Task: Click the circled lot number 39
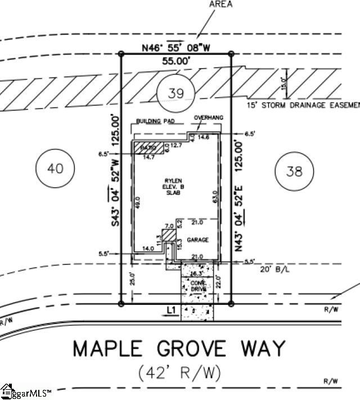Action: coord(175,93)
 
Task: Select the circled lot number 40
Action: coord(53,168)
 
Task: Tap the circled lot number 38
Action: coord(294,172)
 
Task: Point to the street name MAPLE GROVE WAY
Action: coord(179,348)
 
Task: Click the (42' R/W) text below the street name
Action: coord(179,372)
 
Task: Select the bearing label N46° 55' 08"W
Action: coord(176,48)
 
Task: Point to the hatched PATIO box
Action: coord(147,147)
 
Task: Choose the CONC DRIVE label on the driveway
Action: coord(197,286)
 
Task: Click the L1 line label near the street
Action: coord(172,310)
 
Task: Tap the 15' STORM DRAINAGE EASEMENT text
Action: coord(302,105)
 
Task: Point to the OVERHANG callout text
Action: coord(208,117)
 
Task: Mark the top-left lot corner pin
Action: coord(121,54)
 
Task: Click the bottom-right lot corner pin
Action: coord(231,304)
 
